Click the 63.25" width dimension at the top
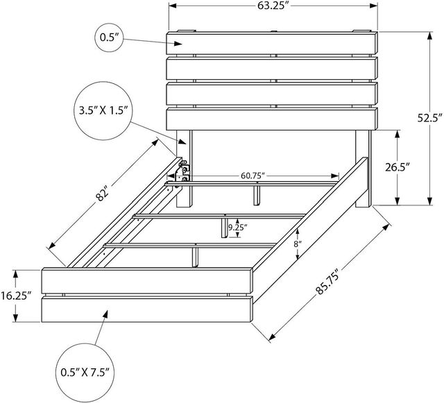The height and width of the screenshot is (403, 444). point(273,6)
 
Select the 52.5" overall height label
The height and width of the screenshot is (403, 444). point(429,118)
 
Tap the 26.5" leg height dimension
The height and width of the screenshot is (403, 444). point(398,167)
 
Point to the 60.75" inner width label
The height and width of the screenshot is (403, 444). point(253,175)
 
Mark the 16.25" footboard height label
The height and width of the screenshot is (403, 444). point(16,296)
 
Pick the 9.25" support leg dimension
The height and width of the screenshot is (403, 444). point(238,227)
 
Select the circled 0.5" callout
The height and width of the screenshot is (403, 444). point(109,37)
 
